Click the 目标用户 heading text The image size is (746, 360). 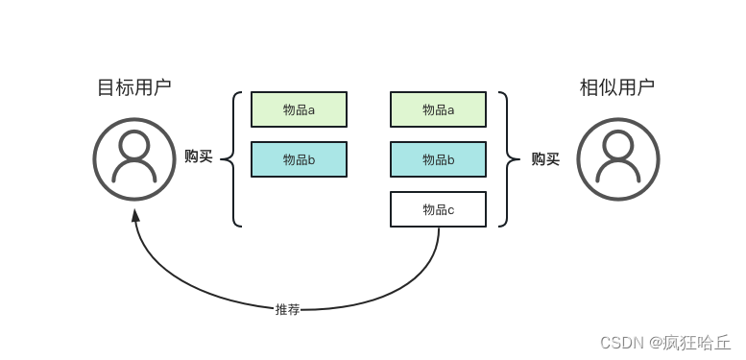click(x=134, y=87)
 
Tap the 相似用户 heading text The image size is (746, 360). click(x=617, y=87)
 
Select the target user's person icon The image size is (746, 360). click(x=134, y=158)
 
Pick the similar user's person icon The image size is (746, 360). click(x=617, y=158)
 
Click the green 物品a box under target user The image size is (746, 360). click(x=299, y=109)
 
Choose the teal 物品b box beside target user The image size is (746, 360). click(x=299, y=159)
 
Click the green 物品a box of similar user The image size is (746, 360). click(x=438, y=109)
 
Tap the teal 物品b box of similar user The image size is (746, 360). click(x=438, y=159)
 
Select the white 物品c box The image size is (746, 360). click(x=438, y=209)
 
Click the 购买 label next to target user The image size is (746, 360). click(x=198, y=156)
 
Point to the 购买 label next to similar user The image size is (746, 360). click(x=545, y=159)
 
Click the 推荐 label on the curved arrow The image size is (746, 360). click(x=288, y=309)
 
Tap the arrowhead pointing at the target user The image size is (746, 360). click(x=135, y=215)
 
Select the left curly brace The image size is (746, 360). click(x=230, y=159)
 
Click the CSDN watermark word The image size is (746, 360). click(x=621, y=343)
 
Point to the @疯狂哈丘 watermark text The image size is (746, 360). click(x=689, y=343)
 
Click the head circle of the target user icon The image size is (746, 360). click(x=134, y=145)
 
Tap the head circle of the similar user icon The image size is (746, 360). click(x=617, y=145)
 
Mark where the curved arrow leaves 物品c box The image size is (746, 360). click(x=439, y=228)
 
